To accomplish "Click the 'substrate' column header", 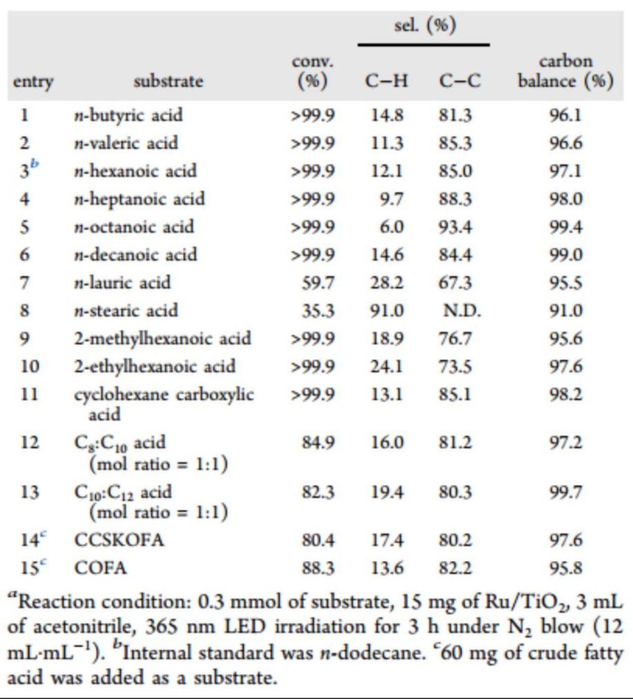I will pyautogui.click(x=168, y=81).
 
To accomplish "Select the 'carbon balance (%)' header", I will pyautogui.click(x=566, y=71).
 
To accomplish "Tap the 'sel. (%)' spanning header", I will pyautogui.click(x=425, y=25).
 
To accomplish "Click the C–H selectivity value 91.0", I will pyautogui.click(x=387, y=310).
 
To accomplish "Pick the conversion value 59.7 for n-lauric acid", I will pyautogui.click(x=318, y=282).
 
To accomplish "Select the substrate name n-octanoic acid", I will pyautogui.click(x=134, y=226).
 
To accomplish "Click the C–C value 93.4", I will pyautogui.click(x=455, y=226).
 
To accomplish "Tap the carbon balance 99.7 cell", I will pyautogui.click(x=566, y=491).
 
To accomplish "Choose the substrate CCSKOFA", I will pyautogui.click(x=119, y=540).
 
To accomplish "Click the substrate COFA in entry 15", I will pyautogui.click(x=100, y=568).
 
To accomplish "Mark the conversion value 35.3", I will pyautogui.click(x=318, y=310).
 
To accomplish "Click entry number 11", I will pyautogui.click(x=29, y=394).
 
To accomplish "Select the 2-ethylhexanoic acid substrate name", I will pyautogui.click(x=155, y=366).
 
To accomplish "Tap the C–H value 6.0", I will pyautogui.click(x=392, y=226).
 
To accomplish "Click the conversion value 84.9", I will pyautogui.click(x=318, y=443).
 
